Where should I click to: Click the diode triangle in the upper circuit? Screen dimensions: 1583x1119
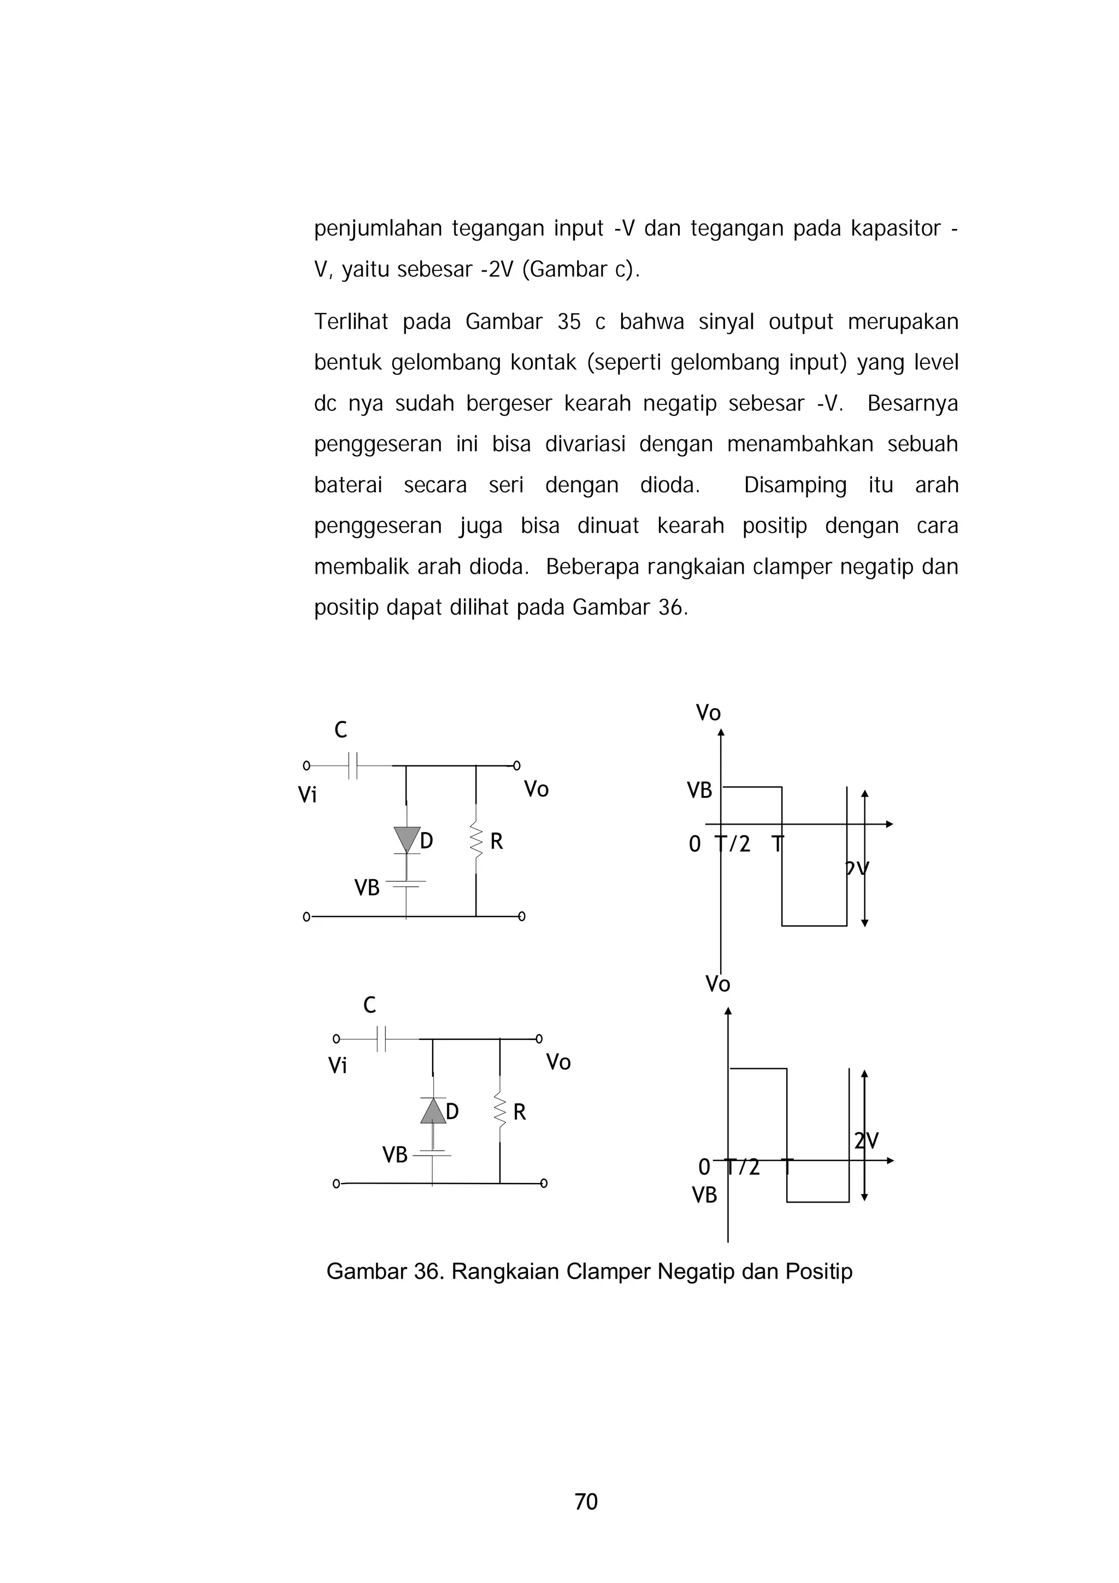(406, 840)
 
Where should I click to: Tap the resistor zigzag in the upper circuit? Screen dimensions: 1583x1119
(476, 840)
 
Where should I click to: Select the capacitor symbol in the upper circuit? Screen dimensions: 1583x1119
(354, 766)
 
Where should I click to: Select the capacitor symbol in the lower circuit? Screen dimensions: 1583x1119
(381, 1038)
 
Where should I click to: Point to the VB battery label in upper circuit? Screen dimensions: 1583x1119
(367, 888)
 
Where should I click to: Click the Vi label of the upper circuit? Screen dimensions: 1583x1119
(308, 795)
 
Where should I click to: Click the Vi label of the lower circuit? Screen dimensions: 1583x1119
(337, 1066)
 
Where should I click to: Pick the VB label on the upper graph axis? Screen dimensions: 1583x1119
(699, 791)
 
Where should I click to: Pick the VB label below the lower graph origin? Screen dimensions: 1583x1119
(705, 1195)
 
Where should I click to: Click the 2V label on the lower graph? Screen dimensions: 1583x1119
(867, 1141)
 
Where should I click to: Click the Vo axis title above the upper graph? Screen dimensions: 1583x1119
(708, 713)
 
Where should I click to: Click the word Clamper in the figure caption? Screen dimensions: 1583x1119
(608, 1272)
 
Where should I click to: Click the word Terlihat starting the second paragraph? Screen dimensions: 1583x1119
(351, 322)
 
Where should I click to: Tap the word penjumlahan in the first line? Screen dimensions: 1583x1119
(377, 228)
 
